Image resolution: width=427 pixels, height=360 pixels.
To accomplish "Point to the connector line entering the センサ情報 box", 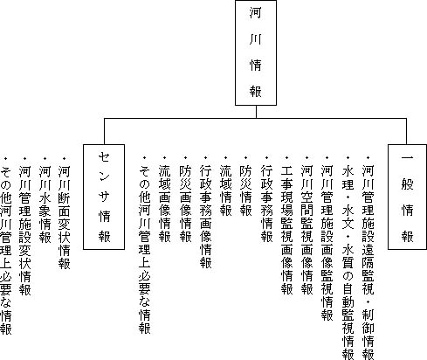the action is (104, 131).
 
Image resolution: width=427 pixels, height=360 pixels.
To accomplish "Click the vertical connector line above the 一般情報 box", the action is (406, 131).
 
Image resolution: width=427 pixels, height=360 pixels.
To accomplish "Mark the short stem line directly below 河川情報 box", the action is (256, 112).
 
